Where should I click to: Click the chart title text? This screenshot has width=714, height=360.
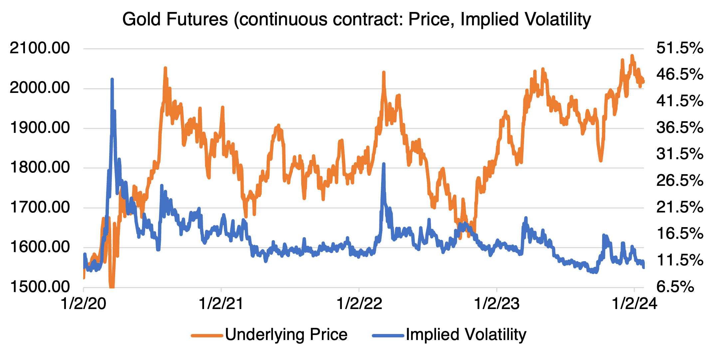[x=357, y=19]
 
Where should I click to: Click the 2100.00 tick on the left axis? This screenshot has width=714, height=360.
[x=40, y=48]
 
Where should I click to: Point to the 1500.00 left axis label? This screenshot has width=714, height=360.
[x=40, y=287]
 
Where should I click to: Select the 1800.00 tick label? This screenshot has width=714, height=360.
[x=40, y=167]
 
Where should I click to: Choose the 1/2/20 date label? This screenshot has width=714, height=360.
[x=83, y=304]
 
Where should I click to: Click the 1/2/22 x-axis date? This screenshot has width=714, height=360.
[x=359, y=304]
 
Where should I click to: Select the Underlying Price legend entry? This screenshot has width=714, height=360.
[x=286, y=335]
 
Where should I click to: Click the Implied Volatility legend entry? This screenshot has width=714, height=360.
[x=466, y=335]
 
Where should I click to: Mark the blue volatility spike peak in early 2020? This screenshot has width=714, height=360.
[x=112, y=79]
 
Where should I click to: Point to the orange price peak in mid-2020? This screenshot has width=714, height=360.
[x=165, y=68]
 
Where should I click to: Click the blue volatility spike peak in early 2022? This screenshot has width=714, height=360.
[x=384, y=164]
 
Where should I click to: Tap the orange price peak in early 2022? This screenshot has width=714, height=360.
[x=384, y=72]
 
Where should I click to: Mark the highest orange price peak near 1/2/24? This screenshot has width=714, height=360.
[x=632, y=56]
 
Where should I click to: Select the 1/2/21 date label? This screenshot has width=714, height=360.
[x=221, y=304]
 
